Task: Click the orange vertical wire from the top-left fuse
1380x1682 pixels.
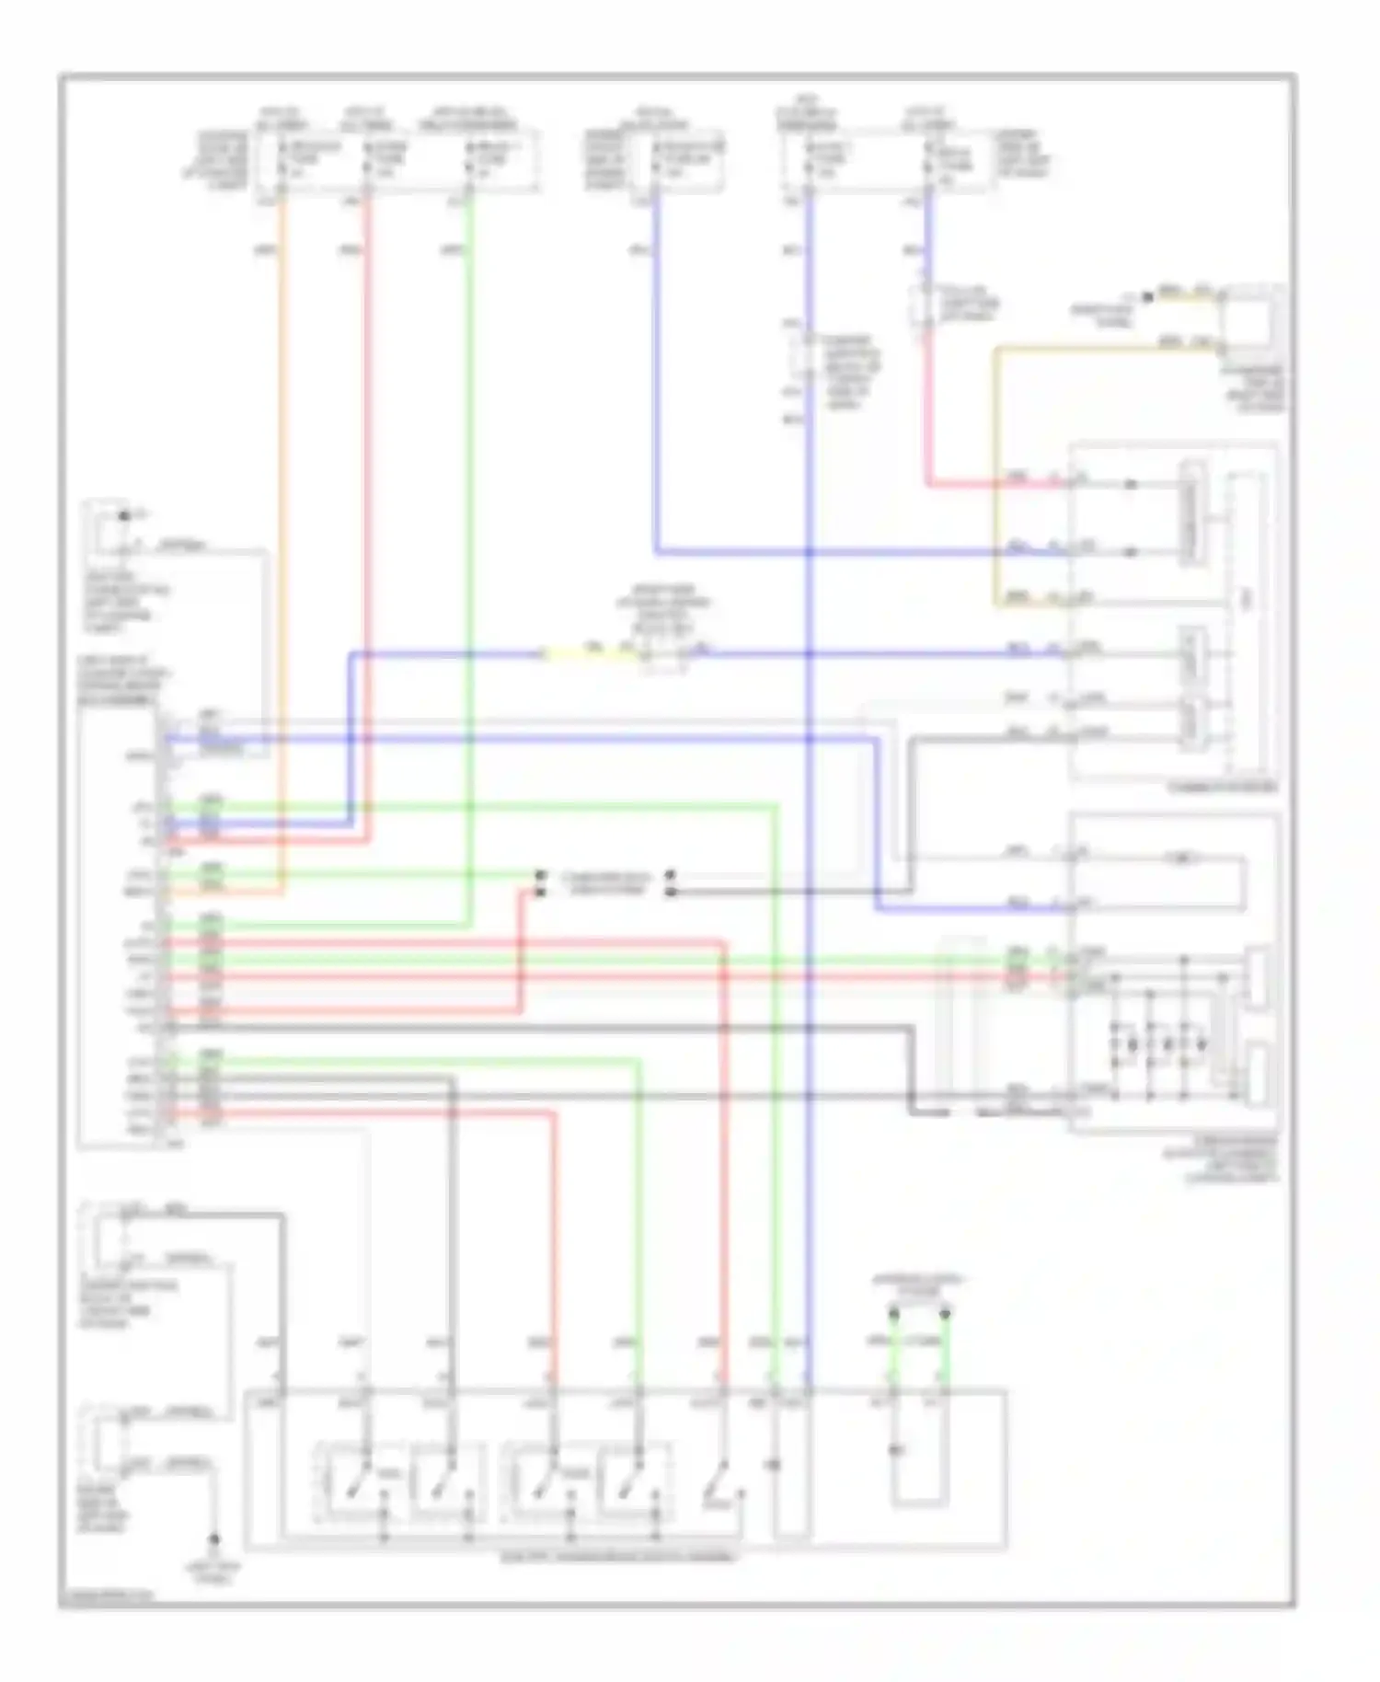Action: (x=281, y=552)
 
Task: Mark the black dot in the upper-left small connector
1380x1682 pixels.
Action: (x=124, y=515)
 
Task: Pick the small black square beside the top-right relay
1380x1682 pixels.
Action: (x=1147, y=297)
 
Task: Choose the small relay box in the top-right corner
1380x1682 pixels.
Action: (x=1251, y=322)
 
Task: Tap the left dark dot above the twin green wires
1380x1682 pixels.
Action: (x=893, y=1313)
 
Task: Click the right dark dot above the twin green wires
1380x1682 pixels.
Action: (x=945, y=1313)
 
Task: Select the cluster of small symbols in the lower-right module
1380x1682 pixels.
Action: (x=1159, y=1044)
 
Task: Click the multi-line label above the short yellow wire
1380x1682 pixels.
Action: (x=663, y=610)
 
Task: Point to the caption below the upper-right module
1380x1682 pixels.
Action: (x=1222, y=788)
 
